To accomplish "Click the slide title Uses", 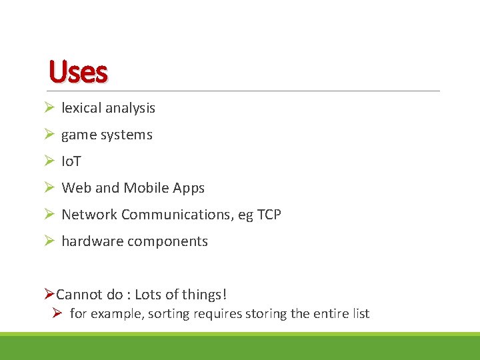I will [x=78, y=72].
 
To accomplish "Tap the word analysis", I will [x=131, y=108].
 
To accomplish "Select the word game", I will [x=78, y=135].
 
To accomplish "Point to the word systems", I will [x=126, y=135].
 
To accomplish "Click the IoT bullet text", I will [x=71, y=161].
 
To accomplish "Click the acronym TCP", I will [x=267, y=215].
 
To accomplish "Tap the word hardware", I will [x=89, y=241].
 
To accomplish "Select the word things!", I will [x=207, y=295].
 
